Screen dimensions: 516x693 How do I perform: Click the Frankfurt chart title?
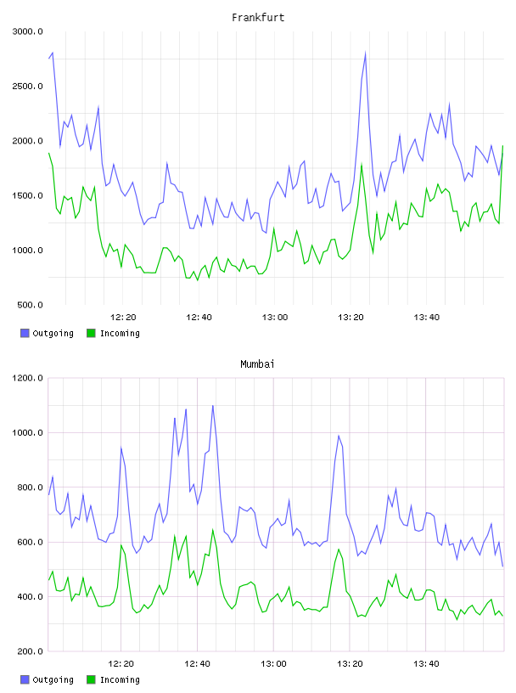click(258, 18)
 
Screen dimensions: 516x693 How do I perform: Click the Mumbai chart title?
click(257, 364)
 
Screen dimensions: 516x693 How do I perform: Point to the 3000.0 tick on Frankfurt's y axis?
click(27, 31)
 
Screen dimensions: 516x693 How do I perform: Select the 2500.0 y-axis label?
click(27, 86)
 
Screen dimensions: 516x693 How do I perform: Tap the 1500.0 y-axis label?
click(27, 196)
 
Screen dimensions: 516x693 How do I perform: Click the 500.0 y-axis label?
click(30, 305)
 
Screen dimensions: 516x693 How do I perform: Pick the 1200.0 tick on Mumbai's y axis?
click(27, 378)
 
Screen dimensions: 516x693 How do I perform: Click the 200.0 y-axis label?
click(30, 651)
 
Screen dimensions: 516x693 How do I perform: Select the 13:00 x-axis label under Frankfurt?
click(275, 318)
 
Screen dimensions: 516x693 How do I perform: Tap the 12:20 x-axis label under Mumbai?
click(121, 664)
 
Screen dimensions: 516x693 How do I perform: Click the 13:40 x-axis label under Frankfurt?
click(427, 318)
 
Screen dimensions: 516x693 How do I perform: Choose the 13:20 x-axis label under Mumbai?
click(350, 664)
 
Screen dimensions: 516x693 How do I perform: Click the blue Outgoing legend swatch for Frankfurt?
click(25, 333)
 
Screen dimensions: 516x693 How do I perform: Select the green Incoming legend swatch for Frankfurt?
click(91, 333)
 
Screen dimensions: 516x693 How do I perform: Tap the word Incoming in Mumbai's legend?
click(120, 679)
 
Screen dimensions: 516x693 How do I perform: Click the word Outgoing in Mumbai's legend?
click(53, 679)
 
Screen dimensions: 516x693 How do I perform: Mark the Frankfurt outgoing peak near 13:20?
click(365, 53)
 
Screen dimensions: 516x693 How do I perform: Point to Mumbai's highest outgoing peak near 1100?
click(212, 406)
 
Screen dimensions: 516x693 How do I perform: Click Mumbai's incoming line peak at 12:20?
click(121, 545)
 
